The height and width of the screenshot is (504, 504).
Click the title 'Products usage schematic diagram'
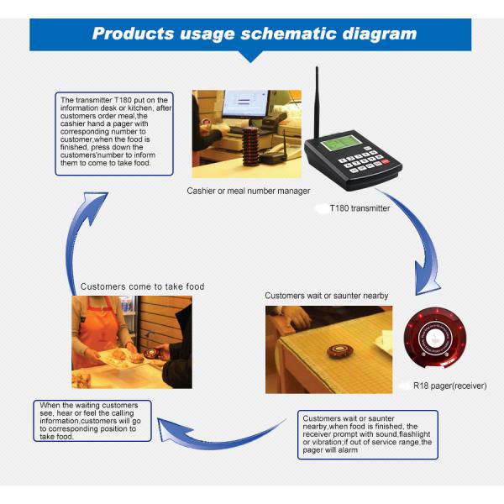(255, 34)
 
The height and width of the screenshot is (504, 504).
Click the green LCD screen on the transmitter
(341, 143)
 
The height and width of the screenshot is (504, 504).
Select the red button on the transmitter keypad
(386, 161)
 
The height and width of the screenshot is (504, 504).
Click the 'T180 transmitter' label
(360, 208)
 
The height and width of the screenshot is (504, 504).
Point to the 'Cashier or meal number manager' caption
(249, 191)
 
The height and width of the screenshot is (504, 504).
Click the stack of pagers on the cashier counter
(250, 146)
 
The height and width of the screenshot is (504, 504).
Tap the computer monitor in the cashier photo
(245, 103)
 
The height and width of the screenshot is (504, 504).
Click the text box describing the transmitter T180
(114, 134)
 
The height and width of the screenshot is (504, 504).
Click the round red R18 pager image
(435, 339)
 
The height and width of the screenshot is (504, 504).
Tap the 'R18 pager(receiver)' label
(449, 386)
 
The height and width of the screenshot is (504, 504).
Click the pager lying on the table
(340, 350)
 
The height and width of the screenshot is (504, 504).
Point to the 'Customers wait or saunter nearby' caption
(326, 296)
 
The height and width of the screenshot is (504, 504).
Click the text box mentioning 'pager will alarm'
(368, 434)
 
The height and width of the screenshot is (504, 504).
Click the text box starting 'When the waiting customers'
(92, 421)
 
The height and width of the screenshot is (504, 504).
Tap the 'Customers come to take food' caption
(143, 286)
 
